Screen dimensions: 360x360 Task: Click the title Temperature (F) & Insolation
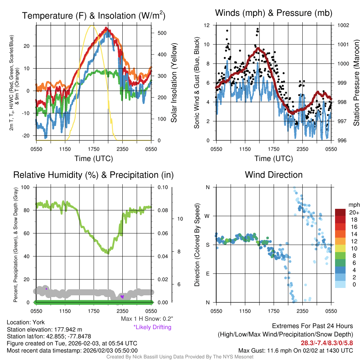[x=94, y=16]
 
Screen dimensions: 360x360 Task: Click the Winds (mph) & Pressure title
[x=274, y=13]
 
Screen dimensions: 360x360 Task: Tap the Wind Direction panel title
[x=274, y=175]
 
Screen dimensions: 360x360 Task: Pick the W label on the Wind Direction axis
[x=207, y=216]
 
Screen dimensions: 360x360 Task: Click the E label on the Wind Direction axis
[x=207, y=274]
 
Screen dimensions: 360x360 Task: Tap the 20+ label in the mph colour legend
[x=354, y=212]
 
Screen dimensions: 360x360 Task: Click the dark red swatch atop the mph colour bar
[x=341, y=212]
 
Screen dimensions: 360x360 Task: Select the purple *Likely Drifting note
[x=152, y=327]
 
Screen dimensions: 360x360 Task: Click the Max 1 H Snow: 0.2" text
[x=147, y=319]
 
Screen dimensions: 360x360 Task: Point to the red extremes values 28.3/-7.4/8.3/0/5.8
[x=327, y=342]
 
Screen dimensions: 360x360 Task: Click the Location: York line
[x=26, y=322]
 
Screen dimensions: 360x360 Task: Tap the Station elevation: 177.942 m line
[x=44, y=329]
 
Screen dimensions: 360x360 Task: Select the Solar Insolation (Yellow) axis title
[x=174, y=83]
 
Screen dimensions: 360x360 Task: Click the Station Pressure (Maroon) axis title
[x=356, y=83]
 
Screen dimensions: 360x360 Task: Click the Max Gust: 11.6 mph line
[x=296, y=350]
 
